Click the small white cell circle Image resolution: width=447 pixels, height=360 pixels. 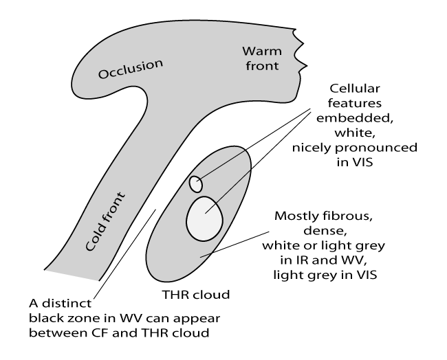pyautogui.click(x=196, y=184)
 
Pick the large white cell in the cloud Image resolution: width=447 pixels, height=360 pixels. pyautogui.click(x=204, y=219)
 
